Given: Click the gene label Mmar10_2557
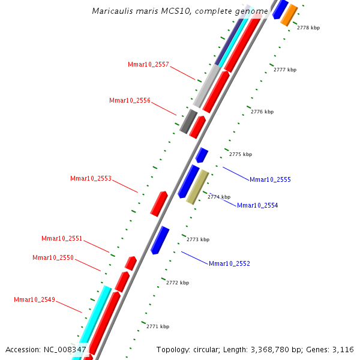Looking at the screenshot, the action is [148, 64].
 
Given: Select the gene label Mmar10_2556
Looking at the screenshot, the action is [130, 100].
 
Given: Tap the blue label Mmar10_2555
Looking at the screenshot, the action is [270, 179].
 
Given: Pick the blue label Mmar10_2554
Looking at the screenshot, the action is [257, 205].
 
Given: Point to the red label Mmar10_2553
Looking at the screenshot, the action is [91, 178].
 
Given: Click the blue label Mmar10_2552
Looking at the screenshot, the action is [229, 263].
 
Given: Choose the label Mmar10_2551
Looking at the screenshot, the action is [62, 238].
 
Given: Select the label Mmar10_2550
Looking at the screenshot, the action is [53, 257].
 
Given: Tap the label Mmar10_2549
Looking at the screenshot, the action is [34, 299].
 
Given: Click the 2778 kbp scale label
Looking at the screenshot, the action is [308, 28].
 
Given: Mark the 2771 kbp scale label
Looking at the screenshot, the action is [158, 326].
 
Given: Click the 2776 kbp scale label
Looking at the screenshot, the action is [262, 112].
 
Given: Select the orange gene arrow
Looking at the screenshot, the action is [289, 14].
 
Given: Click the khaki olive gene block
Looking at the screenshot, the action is [197, 187].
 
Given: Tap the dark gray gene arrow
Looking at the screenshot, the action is [188, 121].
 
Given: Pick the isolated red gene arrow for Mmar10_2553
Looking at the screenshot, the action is [158, 203].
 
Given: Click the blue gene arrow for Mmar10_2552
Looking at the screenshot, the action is [160, 240].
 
